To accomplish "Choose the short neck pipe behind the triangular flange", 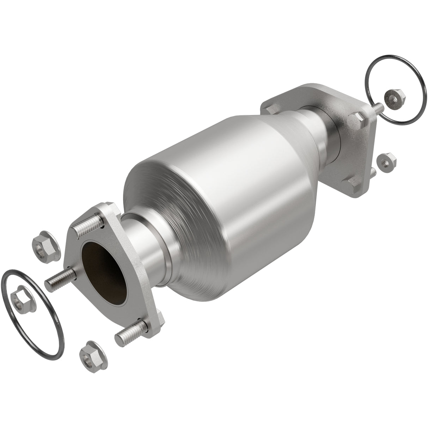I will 145,247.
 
